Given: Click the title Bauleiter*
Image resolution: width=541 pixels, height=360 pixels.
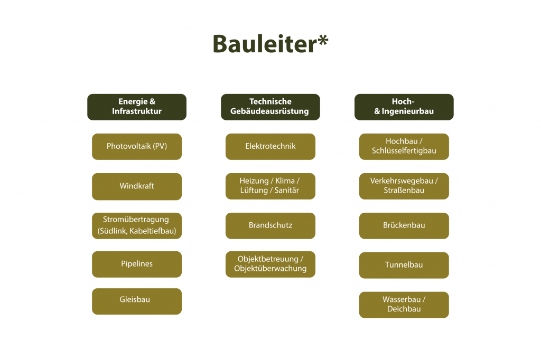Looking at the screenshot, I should click(270, 43).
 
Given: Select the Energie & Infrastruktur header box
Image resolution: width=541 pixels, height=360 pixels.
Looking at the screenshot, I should click(137, 107).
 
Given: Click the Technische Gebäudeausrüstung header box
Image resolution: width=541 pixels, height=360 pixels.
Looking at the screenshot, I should click(270, 107).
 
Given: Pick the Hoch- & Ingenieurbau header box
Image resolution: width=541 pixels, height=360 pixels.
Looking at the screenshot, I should click(404, 107).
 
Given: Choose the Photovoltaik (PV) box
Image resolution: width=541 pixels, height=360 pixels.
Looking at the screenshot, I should click(137, 146).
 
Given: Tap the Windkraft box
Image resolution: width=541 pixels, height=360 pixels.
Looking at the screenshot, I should click(137, 186).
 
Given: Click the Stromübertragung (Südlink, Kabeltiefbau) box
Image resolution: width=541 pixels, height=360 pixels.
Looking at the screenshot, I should click(137, 225).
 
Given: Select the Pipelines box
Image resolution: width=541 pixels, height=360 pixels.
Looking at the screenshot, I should click(137, 264).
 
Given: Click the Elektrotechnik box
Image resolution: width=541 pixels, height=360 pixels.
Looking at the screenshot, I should click(270, 146).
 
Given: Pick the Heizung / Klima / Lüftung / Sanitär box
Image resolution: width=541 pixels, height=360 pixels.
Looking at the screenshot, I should click(270, 186).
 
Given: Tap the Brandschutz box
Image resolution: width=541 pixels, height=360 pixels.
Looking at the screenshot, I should click(270, 225).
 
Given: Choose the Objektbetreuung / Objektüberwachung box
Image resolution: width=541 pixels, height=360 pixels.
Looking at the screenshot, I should click(270, 264).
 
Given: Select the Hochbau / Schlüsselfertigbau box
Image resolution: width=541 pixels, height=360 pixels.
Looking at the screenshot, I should click(404, 146).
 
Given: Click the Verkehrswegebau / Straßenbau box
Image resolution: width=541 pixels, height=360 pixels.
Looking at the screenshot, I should click(404, 186).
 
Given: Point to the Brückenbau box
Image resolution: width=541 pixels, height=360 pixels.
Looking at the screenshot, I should click(404, 225).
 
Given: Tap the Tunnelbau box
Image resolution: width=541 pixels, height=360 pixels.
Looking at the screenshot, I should click(404, 265).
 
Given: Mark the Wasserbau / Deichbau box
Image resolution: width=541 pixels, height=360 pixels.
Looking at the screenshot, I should click(404, 305).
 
